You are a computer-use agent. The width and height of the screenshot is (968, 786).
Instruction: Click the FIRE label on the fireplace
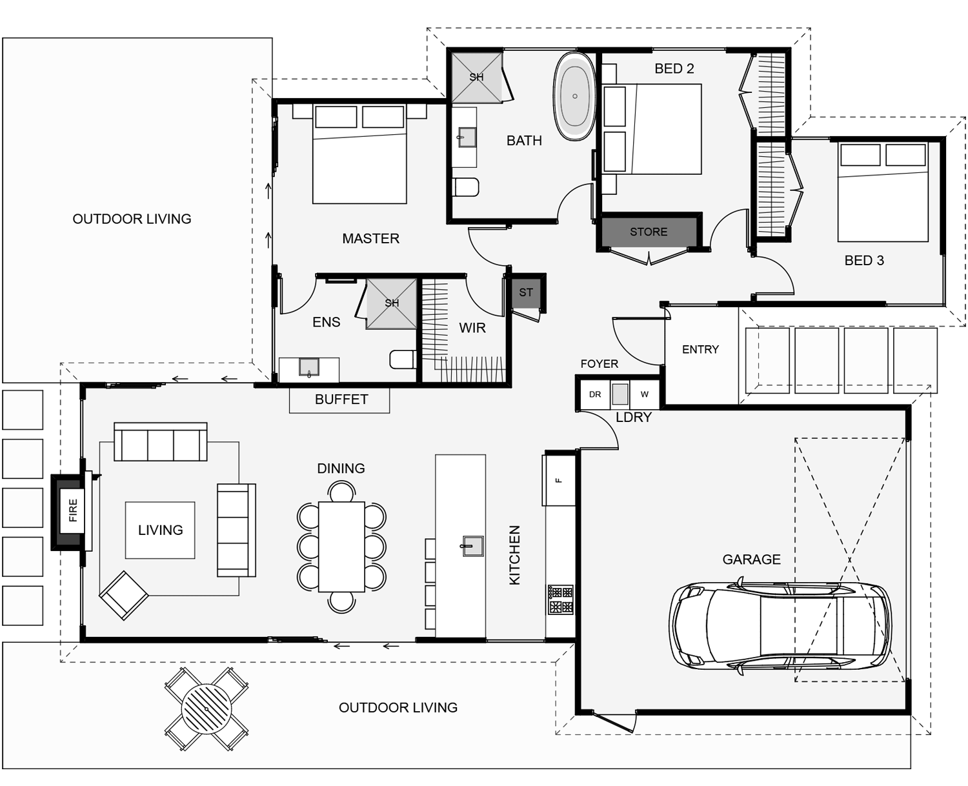(73, 510)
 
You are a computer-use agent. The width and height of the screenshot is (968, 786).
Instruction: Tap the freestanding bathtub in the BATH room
(574, 96)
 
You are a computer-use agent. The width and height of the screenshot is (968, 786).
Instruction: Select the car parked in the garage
(780, 625)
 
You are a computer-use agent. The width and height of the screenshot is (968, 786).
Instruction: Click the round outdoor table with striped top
(207, 709)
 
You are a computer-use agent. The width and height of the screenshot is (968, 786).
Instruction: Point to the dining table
(341, 547)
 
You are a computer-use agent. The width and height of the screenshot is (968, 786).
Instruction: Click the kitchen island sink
(472, 546)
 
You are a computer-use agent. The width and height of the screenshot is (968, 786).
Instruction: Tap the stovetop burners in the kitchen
(560, 600)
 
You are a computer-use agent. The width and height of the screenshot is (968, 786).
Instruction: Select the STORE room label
(648, 232)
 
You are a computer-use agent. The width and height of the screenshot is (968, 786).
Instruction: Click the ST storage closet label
(525, 292)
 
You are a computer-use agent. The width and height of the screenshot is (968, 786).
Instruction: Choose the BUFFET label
(341, 399)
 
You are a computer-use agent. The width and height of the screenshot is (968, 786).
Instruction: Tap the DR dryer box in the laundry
(595, 394)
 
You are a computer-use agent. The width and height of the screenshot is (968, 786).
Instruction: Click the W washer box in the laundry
(645, 394)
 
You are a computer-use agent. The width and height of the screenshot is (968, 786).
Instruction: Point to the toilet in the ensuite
(403, 359)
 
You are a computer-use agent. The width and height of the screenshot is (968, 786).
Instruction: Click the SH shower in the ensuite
(391, 303)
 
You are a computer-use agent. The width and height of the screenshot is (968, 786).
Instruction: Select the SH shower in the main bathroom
(476, 77)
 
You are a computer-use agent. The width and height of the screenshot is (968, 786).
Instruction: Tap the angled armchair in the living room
(124, 595)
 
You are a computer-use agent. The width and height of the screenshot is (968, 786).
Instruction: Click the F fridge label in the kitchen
(558, 480)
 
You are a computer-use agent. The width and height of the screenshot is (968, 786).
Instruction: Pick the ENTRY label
(700, 349)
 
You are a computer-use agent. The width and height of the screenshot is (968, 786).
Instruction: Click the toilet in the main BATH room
(465, 186)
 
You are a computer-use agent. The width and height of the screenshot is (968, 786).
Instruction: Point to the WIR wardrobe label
(472, 328)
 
